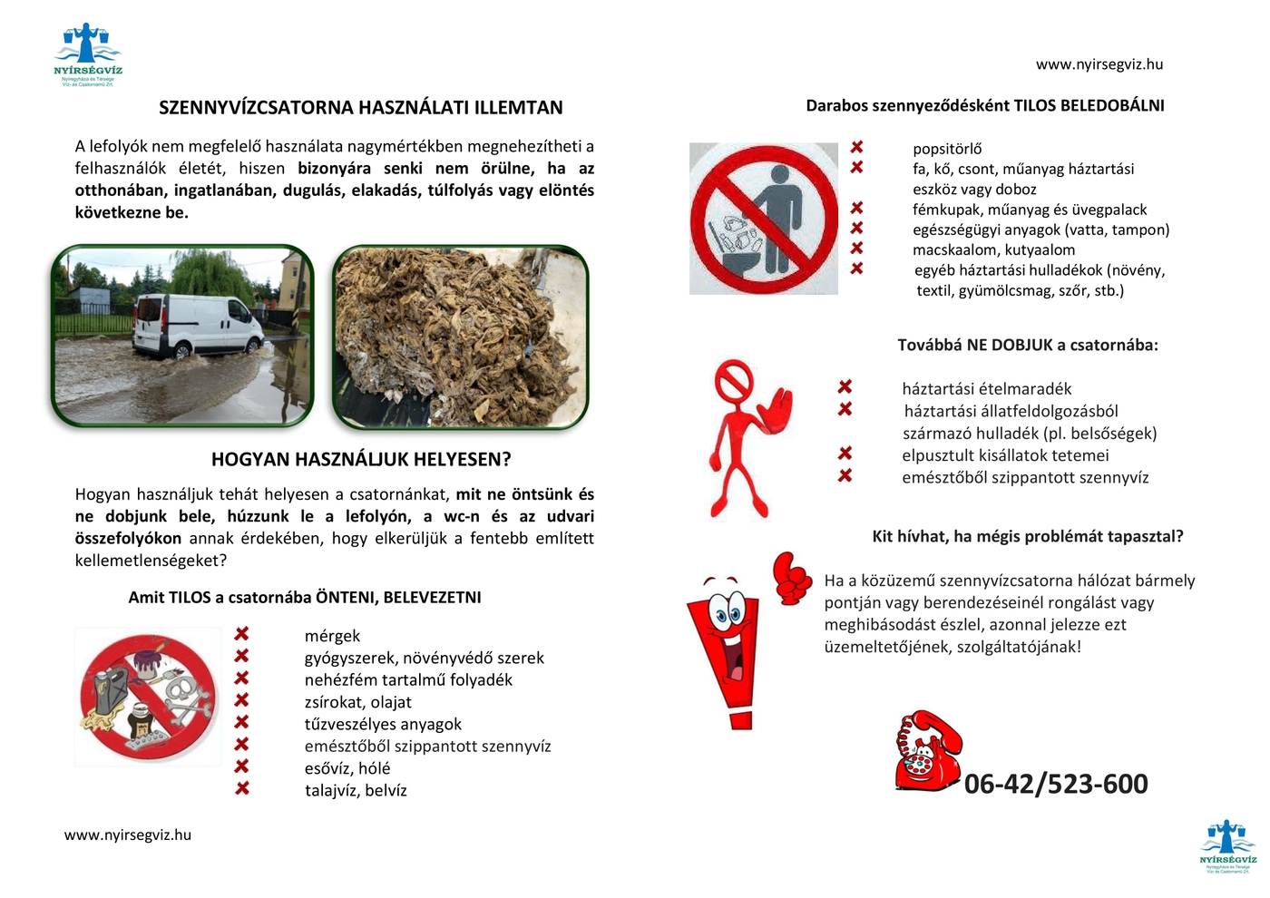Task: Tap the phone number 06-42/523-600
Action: [x=1056, y=784]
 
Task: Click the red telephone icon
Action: [x=927, y=752]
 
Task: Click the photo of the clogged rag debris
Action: [x=460, y=336]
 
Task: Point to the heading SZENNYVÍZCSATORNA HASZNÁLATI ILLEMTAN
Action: [x=360, y=108]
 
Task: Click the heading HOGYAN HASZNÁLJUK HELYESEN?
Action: [x=361, y=460]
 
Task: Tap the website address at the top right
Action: [x=1099, y=64]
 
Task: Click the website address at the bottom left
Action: [x=128, y=835]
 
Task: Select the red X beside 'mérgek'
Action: [x=242, y=634]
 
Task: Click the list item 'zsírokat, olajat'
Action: [x=357, y=702]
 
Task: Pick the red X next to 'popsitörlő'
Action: [x=856, y=147]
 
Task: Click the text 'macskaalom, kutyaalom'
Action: [x=993, y=250]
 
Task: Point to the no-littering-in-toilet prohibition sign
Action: [x=764, y=219]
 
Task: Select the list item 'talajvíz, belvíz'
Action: [x=356, y=791]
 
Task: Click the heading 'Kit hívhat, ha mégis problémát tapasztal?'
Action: [x=1027, y=537]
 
